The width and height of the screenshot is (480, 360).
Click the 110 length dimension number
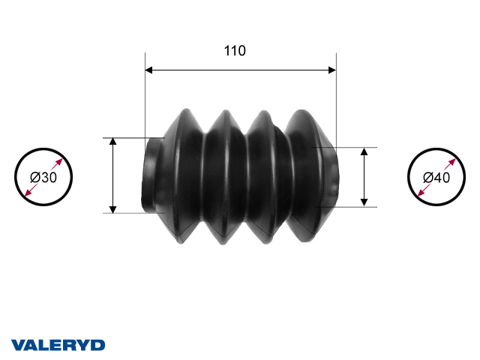pos(235,51)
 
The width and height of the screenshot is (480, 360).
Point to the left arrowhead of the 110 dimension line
pos(148,70)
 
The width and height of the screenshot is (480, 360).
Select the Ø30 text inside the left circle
pos(43,178)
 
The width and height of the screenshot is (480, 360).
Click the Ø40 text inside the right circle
pos(436,178)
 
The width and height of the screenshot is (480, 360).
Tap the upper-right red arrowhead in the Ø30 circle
pos(62,160)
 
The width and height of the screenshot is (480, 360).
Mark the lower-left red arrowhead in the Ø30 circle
pos(27,195)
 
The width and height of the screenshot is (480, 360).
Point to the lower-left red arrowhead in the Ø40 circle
pos(418,195)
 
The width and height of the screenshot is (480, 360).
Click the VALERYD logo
pos(58,345)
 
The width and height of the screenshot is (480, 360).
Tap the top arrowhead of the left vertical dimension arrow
pos(112,142)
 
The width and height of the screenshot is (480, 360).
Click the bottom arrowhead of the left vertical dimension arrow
pos(112,208)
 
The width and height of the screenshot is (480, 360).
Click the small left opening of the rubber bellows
pos(150,175)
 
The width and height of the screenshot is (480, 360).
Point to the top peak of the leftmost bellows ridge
pos(184,112)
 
